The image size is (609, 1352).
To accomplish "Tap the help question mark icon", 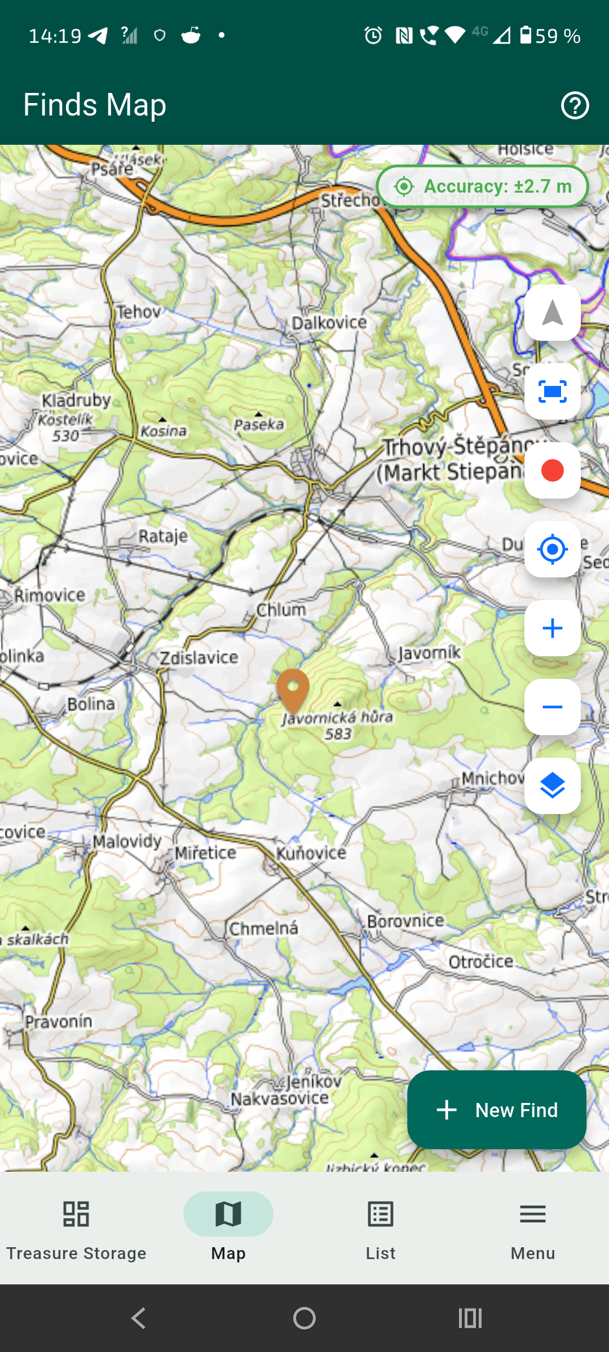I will coord(575,105).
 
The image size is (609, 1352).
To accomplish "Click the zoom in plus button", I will coord(552,628).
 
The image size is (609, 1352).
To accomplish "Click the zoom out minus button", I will coord(552,707).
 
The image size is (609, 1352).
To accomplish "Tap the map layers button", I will coord(552,786).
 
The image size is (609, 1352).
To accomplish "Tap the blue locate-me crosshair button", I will coord(552,549).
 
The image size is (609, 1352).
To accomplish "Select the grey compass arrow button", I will coord(552,313).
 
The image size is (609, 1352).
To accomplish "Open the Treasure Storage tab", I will coord(76,1228).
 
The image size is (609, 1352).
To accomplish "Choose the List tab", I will coord(381,1228).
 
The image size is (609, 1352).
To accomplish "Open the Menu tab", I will coord(533,1228).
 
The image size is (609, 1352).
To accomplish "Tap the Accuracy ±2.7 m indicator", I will coord(483,186).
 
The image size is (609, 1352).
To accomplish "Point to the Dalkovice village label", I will coord(329,323).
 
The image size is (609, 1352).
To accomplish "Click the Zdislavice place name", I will coord(199,657).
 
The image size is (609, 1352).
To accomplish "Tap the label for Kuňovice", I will coord(311,853).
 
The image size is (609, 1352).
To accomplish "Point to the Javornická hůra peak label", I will coord(338,718).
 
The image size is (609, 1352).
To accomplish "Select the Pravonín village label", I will coord(59,1021).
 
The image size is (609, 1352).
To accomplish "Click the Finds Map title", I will coord(95,105).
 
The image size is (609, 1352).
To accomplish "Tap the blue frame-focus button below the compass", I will coord(552,392).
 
